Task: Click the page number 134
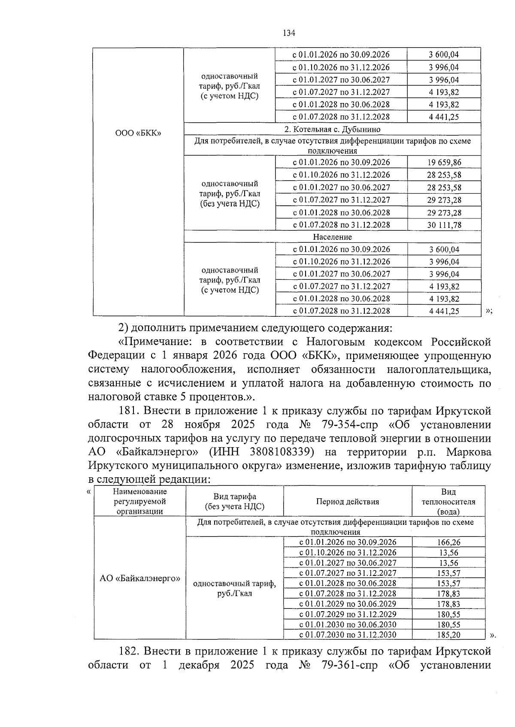[x=289, y=33]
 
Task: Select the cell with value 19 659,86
[x=444, y=162]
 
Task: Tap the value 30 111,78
[x=444, y=225]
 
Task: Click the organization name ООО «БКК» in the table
[x=138, y=133]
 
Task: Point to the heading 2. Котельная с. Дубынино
[x=332, y=129]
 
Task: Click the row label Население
[x=332, y=237]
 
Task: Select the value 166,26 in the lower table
[x=448, y=542]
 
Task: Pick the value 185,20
[x=448, y=635]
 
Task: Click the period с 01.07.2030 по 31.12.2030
[x=348, y=635]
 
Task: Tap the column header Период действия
[x=348, y=502]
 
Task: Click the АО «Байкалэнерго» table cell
[x=140, y=578]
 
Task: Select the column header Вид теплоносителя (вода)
[x=448, y=502]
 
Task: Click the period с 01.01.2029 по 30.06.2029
[x=348, y=604]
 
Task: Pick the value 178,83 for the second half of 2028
[x=448, y=594]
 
